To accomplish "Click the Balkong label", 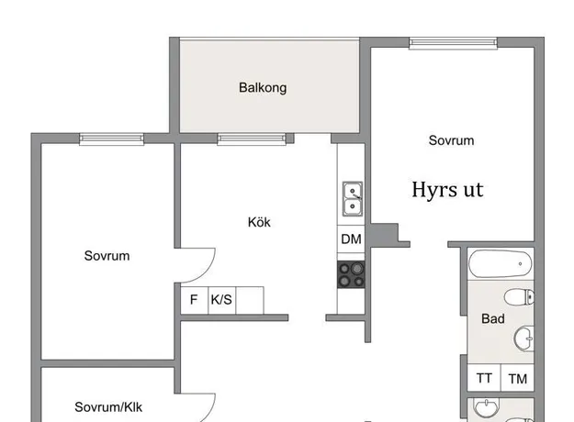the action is point(263,88).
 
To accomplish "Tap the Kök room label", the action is point(259,222).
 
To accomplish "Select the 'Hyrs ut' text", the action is point(447,190).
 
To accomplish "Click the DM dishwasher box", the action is point(351,239).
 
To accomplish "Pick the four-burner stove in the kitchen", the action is point(351,274).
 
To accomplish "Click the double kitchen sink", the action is point(353,199).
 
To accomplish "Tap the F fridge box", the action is point(195,300).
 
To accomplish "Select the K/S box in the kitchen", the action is point(222,300).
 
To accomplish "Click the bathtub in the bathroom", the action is point(501,264).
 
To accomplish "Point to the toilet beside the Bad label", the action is point(519,297).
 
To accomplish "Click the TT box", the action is point(484,378).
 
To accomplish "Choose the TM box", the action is point(517,378).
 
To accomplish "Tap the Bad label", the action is point(493,319).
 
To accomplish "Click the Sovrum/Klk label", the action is point(108,407).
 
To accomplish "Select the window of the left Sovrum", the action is point(112,139).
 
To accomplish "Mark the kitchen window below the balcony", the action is point(252,139).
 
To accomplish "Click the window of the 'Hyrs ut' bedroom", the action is point(453,43).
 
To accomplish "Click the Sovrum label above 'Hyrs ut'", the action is point(451,140).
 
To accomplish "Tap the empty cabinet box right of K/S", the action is point(250,300).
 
